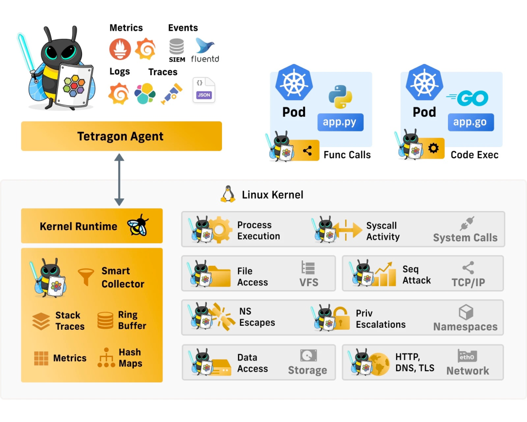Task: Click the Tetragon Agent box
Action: (x=121, y=136)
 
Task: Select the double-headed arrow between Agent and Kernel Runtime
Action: (x=119, y=179)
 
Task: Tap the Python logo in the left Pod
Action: (x=341, y=97)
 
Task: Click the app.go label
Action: (x=470, y=122)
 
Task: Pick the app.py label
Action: (x=340, y=122)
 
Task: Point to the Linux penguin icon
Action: (x=227, y=194)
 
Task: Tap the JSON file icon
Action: (x=203, y=90)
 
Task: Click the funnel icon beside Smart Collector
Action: (x=86, y=277)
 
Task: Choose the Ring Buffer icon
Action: (x=105, y=320)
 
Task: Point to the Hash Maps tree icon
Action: (x=106, y=358)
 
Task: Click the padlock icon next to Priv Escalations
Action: (x=341, y=317)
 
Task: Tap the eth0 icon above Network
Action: (x=467, y=356)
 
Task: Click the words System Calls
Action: (x=465, y=238)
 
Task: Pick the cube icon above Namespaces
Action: (x=466, y=313)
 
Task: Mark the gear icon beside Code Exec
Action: (x=433, y=148)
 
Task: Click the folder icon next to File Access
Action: (x=219, y=276)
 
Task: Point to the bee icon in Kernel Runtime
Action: (x=138, y=225)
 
